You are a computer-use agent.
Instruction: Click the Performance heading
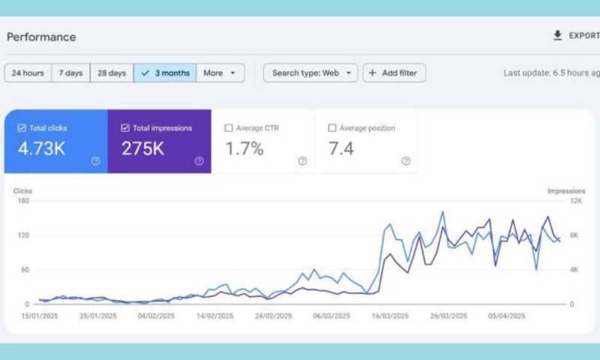tap(41, 37)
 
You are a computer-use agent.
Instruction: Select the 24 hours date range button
tap(28, 73)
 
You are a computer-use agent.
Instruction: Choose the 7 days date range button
tap(70, 73)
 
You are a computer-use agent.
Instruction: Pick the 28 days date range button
tap(112, 73)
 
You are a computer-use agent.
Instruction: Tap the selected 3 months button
tap(166, 73)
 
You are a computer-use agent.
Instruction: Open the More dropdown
tap(220, 73)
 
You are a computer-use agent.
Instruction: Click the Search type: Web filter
tap(310, 73)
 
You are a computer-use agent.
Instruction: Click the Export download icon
tap(557, 35)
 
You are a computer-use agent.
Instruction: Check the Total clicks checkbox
tap(22, 128)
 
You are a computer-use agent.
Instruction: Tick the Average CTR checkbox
tap(229, 128)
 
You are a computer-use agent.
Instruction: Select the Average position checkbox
tap(332, 128)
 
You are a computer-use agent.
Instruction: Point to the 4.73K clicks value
tap(41, 148)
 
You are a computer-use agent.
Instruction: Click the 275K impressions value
tap(142, 148)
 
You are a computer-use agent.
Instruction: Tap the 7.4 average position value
tap(340, 148)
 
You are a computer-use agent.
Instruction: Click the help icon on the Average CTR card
tap(302, 160)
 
